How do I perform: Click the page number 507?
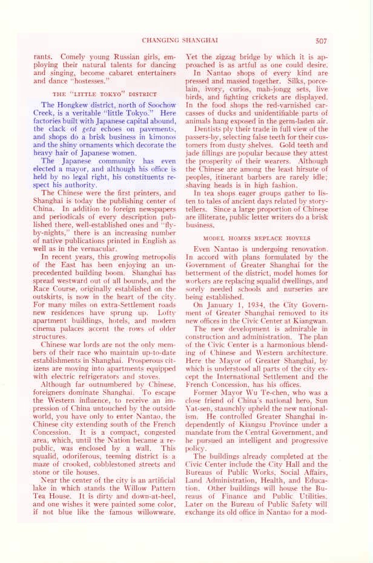pyautogui.click(x=321, y=41)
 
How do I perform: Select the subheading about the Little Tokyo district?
pyautogui.click(x=105, y=94)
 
